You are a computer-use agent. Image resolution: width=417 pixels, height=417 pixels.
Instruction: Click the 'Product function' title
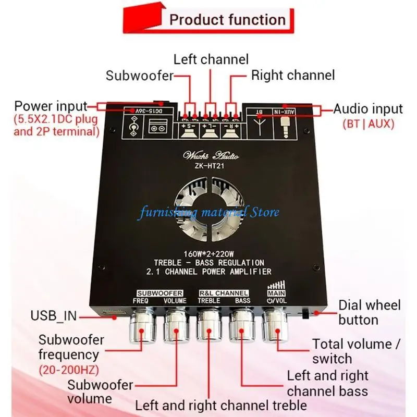tap(227, 20)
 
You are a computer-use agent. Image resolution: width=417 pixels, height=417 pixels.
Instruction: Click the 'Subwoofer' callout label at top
tap(140, 76)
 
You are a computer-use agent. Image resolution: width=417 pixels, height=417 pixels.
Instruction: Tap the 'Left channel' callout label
tap(211, 59)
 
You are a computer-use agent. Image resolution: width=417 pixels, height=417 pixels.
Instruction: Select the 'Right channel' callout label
tap(292, 75)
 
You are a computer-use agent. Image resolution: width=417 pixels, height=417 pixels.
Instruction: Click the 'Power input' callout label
tap(51, 106)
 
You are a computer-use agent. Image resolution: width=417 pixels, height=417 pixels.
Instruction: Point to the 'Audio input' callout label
tap(368, 109)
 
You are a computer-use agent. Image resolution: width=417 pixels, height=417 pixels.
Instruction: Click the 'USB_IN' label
tap(54, 315)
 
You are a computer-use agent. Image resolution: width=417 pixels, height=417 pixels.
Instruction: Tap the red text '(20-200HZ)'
tap(68, 370)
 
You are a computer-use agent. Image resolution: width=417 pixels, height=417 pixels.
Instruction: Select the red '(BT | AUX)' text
tap(368, 125)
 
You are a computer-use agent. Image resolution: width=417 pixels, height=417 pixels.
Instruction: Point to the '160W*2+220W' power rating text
tap(208, 254)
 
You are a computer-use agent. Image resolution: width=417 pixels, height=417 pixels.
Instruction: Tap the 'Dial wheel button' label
tap(369, 312)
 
